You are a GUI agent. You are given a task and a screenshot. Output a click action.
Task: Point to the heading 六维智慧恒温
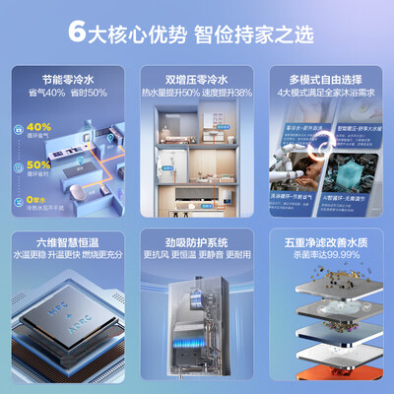click(63, 241)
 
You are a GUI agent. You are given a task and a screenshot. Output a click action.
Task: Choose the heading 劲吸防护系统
click(197, 241)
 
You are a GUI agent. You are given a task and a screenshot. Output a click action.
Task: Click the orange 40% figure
click(38, 127)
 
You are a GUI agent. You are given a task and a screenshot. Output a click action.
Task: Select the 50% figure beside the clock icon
click(38, 164)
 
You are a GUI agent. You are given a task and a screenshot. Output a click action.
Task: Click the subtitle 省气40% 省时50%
click(63, 93)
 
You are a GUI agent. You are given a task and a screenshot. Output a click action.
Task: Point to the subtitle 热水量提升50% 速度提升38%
click(197, 93)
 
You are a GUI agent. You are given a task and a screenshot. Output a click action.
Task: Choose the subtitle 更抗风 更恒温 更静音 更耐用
click(197, 254)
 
